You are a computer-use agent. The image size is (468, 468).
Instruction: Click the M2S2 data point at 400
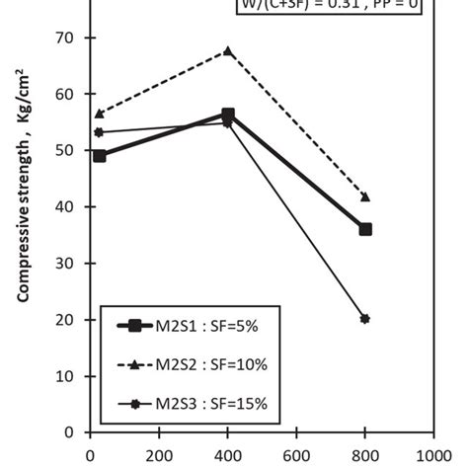point(228,50)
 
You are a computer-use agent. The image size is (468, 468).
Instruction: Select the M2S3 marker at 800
point(365,319)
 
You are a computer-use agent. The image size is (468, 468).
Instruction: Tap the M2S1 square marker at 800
point(365,229)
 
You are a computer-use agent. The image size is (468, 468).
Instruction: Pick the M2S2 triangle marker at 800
point(365,196)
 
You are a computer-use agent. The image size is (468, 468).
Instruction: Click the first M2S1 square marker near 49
point(99,156)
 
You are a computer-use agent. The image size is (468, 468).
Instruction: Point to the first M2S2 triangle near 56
point(99,114)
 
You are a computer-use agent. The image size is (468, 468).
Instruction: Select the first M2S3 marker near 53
point(99,132)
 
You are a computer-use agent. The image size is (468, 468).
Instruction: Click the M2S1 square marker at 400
point(228,115)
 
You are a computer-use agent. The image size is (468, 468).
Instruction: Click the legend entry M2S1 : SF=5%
point(188,326)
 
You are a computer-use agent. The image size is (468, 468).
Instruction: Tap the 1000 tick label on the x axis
point(431,456)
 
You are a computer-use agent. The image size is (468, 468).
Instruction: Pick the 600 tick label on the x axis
point(296,456)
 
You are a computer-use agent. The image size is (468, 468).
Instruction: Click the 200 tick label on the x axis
point(160,456)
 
